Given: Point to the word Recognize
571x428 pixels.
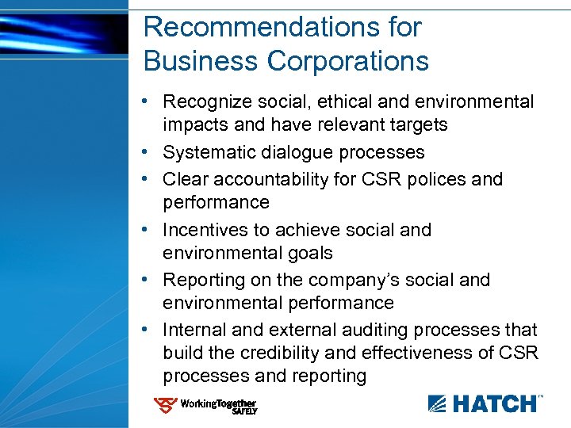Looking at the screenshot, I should coord(205,102).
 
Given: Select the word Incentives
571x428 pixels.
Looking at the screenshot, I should coord(207,230).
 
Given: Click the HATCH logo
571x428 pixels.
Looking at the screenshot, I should coord(485,403).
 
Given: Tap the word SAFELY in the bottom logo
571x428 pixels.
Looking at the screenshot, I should coord(243,411).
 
